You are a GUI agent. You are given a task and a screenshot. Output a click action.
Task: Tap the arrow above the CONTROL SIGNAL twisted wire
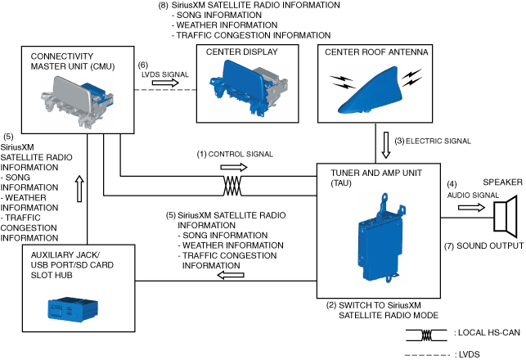coord(232,166)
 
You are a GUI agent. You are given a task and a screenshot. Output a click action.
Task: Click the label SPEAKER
coord(502,182)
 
